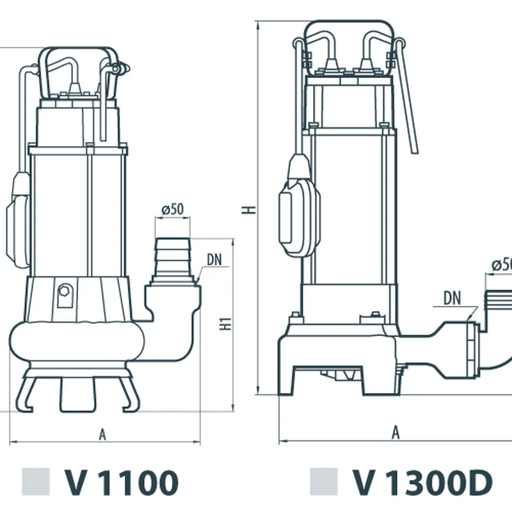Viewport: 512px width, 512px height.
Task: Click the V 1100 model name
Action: [x=122, y=483]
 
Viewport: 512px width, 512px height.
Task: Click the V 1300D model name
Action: [x=422, y=483]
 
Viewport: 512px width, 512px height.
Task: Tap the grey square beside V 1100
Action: [x=36, y=482]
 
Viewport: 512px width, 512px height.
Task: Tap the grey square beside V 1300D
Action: [x=324, y=482]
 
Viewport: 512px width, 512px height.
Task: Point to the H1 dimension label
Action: [x=225, y=324]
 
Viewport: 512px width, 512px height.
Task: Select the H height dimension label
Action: [x=249, y=209]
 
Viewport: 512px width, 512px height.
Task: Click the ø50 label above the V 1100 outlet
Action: [x=173, y=209]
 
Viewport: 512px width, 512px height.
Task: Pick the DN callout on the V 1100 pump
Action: [x=214, y=260]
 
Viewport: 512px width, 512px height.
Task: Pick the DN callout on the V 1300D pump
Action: [x=452, y=298]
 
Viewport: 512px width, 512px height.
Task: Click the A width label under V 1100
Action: [x=102, y=435]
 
